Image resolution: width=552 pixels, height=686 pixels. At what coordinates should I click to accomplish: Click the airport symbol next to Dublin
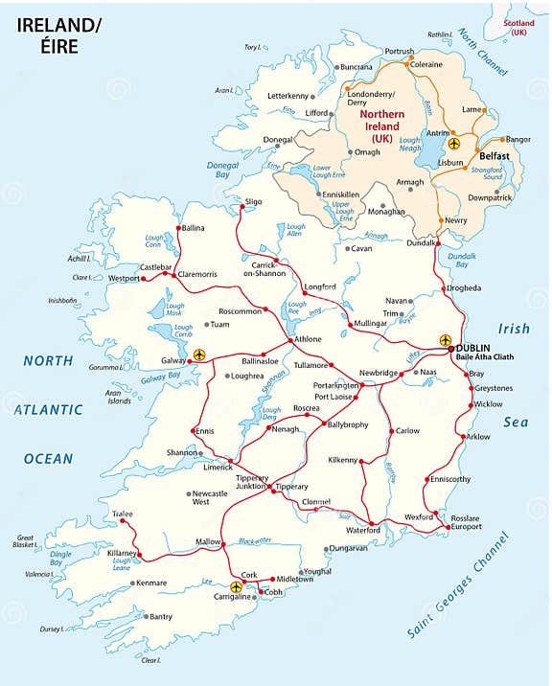pyautogui.click(x=445, y=340)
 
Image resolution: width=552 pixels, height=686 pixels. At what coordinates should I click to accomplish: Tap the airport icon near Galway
pyautogui.click(x=199, y=354)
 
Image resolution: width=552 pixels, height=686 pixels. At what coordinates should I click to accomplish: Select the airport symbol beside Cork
pyautogui.click(x=236, y=586)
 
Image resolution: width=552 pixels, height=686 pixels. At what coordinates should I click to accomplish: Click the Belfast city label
pyautogui.click(x=494, y=155)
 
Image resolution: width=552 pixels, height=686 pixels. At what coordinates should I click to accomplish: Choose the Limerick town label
pyautogui.click(x=218, y=467)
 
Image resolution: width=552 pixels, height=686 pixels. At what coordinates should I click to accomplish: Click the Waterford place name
pyautogui.click(x=363, y=530)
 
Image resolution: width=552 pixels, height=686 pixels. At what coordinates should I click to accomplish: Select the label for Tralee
pyautogui.click(x=119, y=514)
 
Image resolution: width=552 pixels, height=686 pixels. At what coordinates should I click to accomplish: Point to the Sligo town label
pyautogui.click(x=253, y=202)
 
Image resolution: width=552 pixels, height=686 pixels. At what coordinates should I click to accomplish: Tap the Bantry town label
pyautogui.click(x=160, y=616)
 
